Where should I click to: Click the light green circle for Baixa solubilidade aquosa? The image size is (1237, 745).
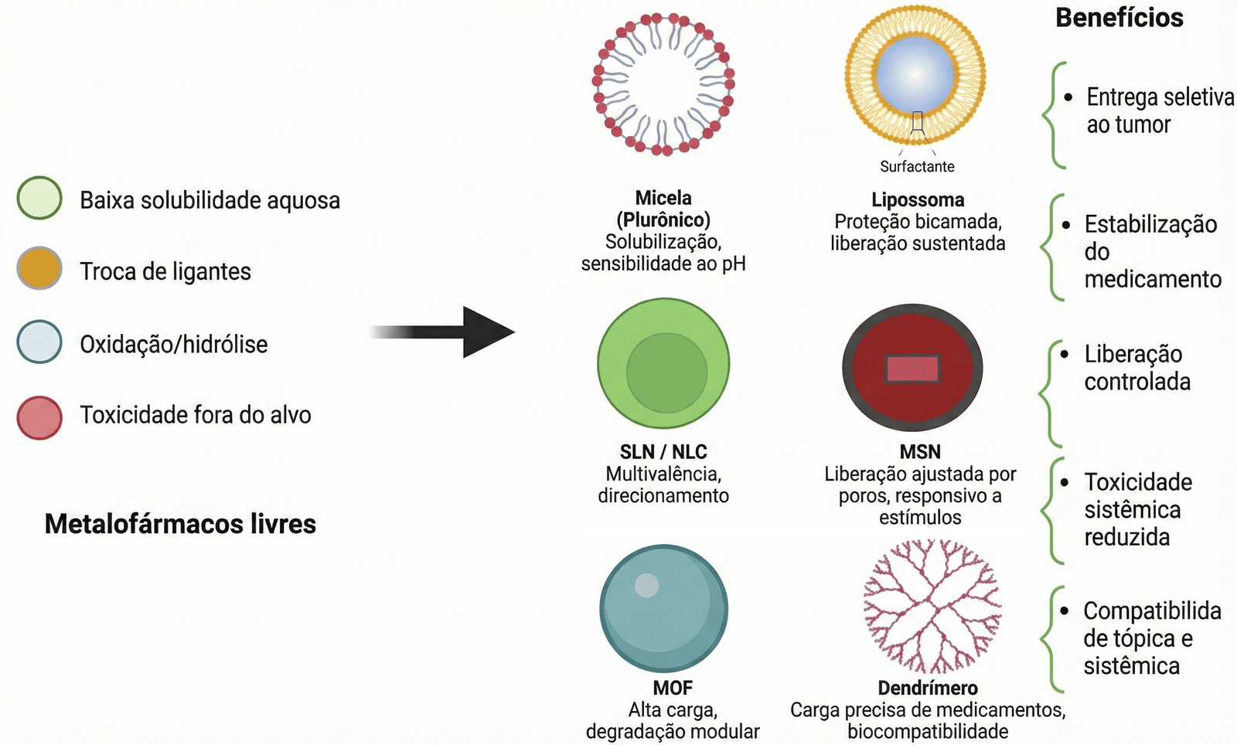[39, 198]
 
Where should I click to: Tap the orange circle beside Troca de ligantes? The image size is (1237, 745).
[39, 268]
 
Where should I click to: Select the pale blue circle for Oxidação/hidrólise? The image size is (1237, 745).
[39, 342]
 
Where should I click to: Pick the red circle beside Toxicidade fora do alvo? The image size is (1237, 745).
[39, 417]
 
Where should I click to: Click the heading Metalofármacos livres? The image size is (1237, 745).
[180, 524]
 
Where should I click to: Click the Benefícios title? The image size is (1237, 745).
[1119, 18]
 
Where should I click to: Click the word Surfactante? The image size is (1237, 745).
[917, 166]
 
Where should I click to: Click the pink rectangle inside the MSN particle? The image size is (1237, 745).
[912, 369]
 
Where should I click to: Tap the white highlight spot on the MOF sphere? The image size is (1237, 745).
[646, 585]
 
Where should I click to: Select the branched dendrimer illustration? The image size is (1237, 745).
[932, 607]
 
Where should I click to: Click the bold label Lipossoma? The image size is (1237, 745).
[918, 199]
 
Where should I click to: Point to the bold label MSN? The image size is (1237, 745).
[920, 451]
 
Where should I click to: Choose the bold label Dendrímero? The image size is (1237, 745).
[928, 688]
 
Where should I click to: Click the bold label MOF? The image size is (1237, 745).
[673, 688]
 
